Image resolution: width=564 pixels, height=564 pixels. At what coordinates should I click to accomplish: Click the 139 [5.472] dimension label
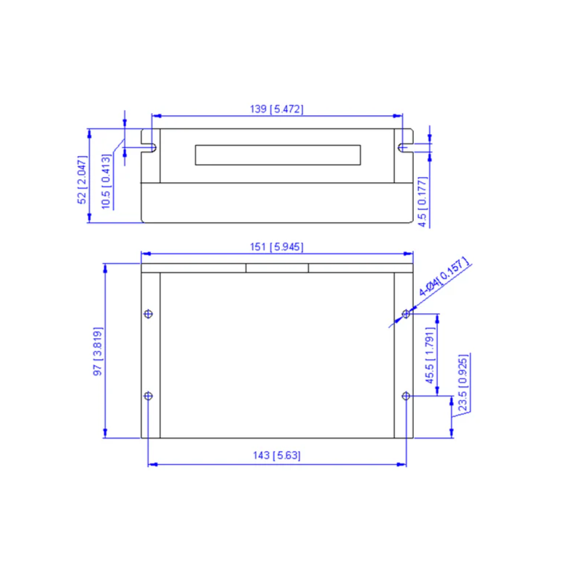tap(276, 109)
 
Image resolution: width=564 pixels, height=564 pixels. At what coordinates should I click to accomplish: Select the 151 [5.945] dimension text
tap(276, 247)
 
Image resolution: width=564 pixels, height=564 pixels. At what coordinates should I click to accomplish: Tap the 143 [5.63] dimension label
tap(276, 455)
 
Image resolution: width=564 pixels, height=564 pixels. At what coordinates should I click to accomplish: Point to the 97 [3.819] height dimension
tap(98, 351)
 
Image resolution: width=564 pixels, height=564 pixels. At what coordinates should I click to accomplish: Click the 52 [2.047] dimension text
tap(82, 178)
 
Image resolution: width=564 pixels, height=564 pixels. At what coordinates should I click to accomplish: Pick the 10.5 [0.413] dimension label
tap(106, 182)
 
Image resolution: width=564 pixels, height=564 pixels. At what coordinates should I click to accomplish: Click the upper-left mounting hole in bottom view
tap(149, 314)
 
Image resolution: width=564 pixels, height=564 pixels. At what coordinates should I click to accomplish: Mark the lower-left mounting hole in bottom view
tap(149, 396)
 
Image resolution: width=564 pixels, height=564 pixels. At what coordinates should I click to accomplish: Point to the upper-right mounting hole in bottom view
tap(407, 314)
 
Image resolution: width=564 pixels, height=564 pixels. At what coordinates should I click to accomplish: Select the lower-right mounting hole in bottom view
tap(407, 396)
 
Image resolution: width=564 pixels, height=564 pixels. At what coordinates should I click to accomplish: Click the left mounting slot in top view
tap(153, 147)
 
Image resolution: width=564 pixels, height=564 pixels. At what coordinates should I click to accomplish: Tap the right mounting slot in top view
tap(402, 147)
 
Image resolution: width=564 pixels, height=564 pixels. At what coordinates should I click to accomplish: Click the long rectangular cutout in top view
tap(278, 154)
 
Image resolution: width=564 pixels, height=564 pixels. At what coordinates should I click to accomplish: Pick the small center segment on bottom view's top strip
tap(277, 267)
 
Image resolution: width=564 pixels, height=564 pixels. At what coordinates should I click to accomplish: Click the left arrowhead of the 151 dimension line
tap(144, 254)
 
